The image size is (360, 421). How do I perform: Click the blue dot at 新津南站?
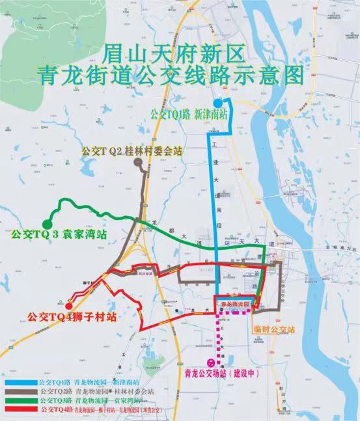(217, 103)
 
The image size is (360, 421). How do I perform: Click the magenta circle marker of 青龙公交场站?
(210, 362)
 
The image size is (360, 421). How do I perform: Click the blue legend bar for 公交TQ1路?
(21, 381)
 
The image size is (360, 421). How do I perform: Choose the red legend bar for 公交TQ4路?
(21, 411)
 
